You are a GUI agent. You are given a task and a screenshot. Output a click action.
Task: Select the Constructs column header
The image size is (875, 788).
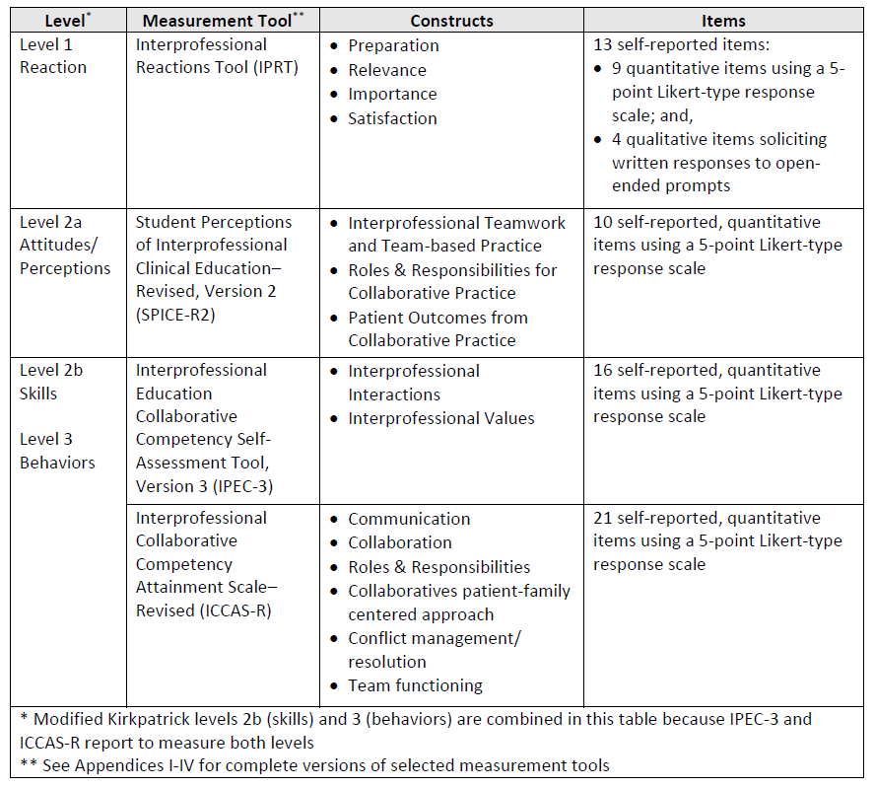[451, 20]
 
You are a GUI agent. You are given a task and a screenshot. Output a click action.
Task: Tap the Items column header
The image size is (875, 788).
[723, 20]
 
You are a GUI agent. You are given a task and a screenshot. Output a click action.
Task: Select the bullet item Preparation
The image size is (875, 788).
[393, 45]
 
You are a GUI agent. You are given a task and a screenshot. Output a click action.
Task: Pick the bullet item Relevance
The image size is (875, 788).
[387, 70]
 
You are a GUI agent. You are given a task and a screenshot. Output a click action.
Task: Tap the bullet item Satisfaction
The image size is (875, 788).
[392, 118]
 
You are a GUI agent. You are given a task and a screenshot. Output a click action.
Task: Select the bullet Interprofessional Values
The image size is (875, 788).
[440, 418]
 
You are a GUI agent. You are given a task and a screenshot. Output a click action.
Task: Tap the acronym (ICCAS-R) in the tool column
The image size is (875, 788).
[236, 610]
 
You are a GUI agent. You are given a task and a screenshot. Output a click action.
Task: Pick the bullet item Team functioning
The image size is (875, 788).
[415, 685]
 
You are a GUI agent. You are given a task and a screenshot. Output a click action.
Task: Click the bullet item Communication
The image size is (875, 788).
[409, 519]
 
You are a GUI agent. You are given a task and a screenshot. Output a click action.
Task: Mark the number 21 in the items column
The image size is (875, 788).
[603, 518]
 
